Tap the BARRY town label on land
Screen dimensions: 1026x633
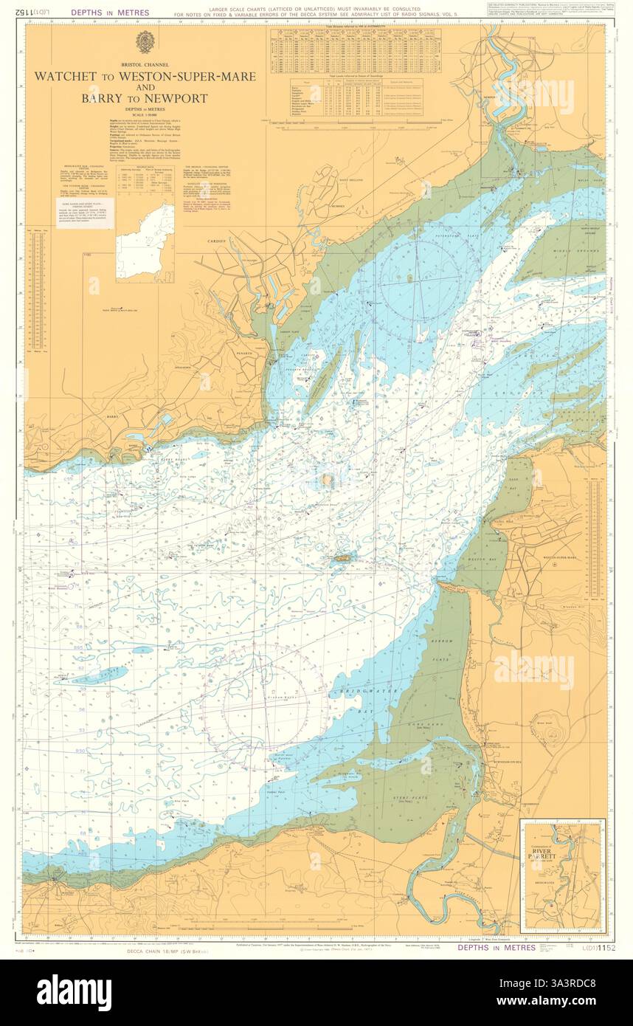(x=113, y=417)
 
